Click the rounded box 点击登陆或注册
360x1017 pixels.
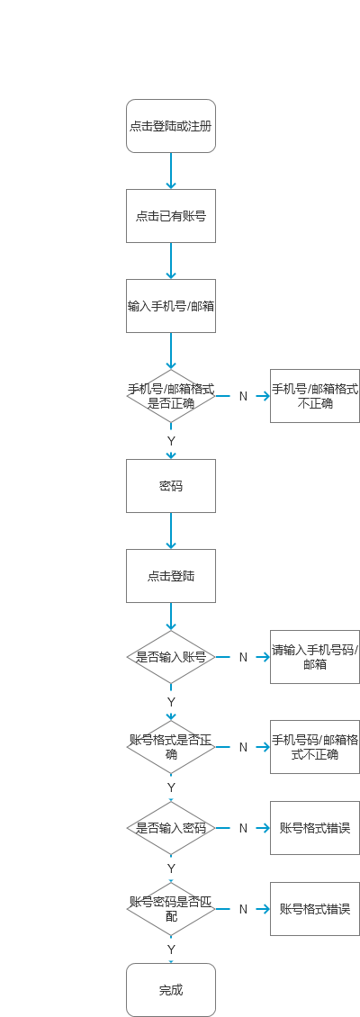click(171, 126)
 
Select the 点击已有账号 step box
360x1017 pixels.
click(171, 216)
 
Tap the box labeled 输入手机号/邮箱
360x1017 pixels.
click(171, 306)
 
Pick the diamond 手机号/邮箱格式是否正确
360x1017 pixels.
click(171, 396)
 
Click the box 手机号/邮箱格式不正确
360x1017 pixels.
click(315, 396)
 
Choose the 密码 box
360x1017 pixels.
click(171, 486)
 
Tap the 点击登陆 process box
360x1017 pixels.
click(171, 576)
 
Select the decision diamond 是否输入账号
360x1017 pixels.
click(171, 657)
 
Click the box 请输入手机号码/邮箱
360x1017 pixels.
click(315, 657)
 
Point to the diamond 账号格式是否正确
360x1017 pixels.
click(171, 747)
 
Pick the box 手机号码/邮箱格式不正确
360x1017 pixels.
click(315, 747)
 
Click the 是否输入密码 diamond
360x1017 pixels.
click(171, 828)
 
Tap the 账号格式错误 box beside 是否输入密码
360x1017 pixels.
click(315, 828)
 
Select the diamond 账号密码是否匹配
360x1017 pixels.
click(171, 909)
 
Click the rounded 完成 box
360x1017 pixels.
click(171, 990)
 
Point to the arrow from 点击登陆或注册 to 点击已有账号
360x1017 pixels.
click(171, 171)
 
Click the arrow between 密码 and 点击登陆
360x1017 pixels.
click(171, 531)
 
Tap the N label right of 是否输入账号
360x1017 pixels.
click(243, 657)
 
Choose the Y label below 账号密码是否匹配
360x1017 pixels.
click(171, 949)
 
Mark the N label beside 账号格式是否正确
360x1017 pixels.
click(243, 747)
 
